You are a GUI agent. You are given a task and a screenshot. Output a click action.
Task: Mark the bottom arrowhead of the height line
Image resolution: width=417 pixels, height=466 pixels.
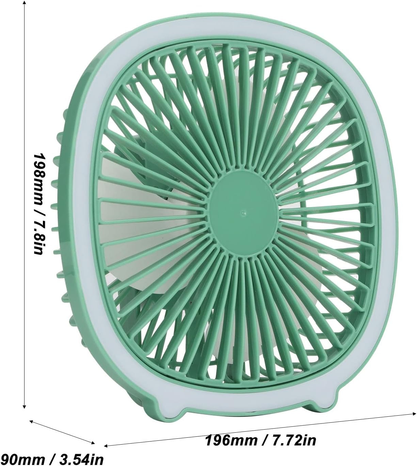(24, 406)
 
